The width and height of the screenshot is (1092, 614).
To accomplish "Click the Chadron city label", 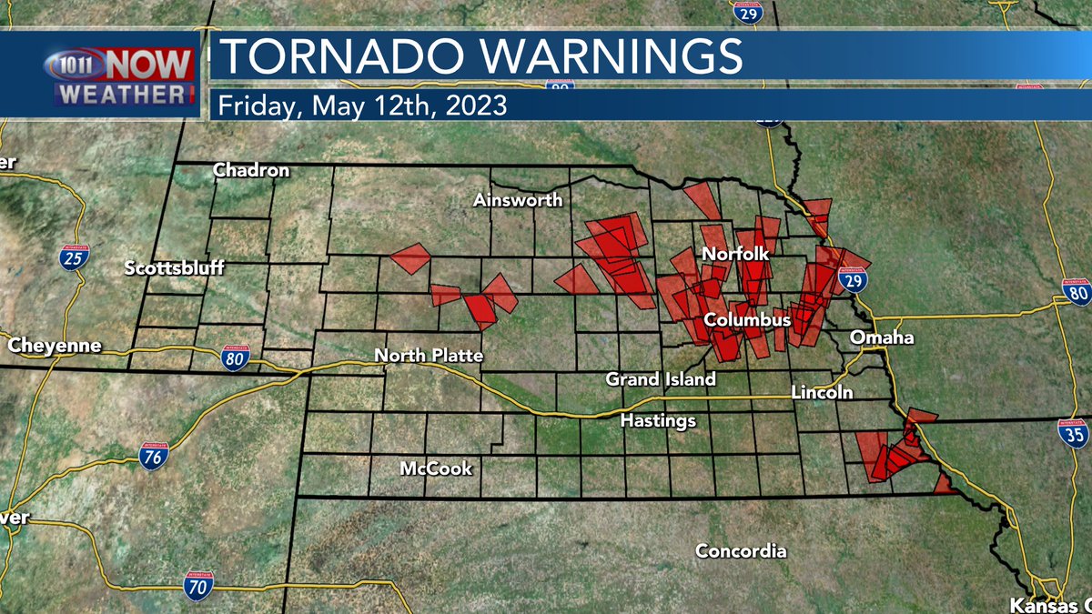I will coord(251,170).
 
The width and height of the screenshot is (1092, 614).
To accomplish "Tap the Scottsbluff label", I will coord(174,267).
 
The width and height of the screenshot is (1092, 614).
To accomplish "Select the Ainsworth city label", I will coord(518,200).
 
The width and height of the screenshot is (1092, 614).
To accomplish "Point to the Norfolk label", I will coord(735,256).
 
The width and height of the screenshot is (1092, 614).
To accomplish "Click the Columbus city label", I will coord(747,321).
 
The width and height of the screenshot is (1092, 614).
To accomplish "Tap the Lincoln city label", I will coord(823,393).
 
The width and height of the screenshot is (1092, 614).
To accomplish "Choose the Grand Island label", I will coord(661,378).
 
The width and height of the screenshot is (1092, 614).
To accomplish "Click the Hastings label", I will coord(658,420).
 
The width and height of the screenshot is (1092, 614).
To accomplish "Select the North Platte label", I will coord(429,355).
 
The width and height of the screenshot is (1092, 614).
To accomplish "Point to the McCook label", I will coord(436,468).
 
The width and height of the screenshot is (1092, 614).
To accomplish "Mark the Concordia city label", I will coord(741,551).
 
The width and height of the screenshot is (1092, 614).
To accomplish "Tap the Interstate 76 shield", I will coord(153,455).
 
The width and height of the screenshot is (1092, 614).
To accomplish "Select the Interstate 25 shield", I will coord(76,258).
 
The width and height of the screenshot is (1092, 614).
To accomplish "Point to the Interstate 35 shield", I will coord(1073,432).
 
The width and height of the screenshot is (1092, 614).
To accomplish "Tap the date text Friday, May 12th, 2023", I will coord(361,105).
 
